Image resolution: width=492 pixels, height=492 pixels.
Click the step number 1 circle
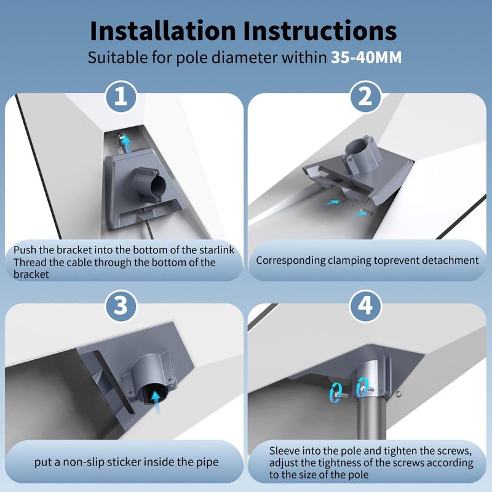click(x=121, y=97)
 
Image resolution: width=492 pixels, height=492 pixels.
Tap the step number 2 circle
click(x=365, y=97)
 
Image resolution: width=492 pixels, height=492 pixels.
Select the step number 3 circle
click(x=121, y=306)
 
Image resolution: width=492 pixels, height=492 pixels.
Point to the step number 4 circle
click(x=365, y=306)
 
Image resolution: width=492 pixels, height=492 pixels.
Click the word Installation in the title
click(x=163, y=31)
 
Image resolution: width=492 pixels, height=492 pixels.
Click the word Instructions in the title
click(x=320, y=31)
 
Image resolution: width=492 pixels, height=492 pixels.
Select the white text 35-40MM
click(x=366, y=57)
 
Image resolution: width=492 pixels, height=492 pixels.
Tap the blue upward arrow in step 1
click(x=126, y=143)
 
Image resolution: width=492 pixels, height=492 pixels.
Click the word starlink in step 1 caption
click(x=217, y=250)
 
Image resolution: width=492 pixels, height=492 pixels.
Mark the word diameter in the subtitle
click(x=245, y=58)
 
